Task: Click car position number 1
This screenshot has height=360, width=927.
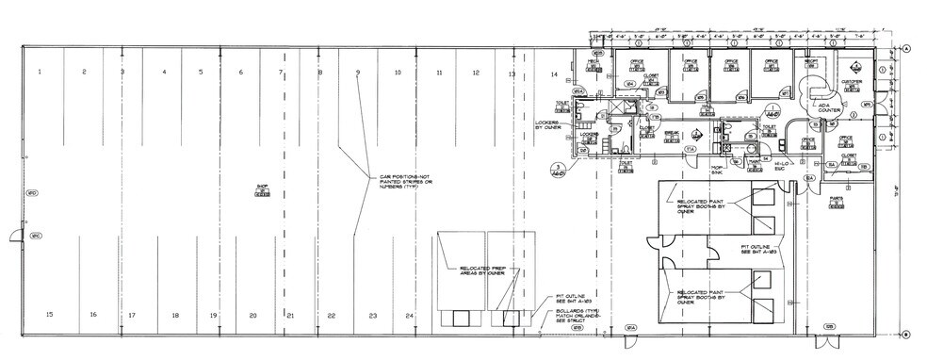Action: (x=40, y=73)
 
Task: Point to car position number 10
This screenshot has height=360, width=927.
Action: (x=398, y=73)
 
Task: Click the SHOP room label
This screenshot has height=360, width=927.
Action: (x=263, y=188)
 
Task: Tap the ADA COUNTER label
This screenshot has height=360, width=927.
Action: (x=829, y=108)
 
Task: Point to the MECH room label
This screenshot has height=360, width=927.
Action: (x=594, y=63)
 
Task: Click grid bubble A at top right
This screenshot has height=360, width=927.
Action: (x=905, y=47)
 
